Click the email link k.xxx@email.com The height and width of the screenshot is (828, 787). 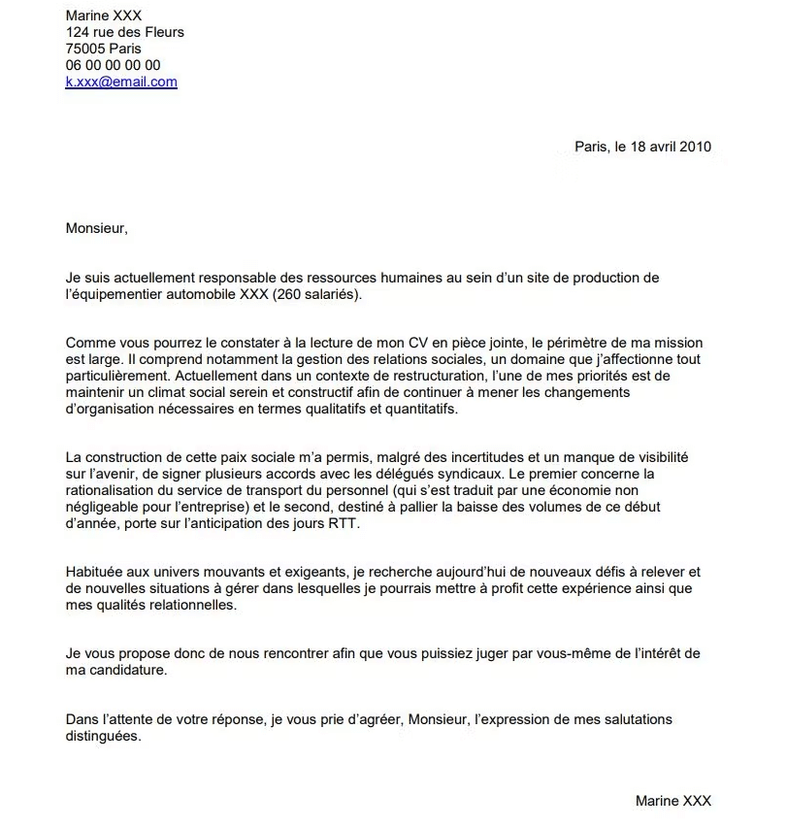(121, 83)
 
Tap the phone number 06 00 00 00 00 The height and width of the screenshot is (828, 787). (113, 65)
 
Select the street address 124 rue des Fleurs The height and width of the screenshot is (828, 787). (124, 32)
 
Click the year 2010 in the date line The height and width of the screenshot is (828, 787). (695, 147)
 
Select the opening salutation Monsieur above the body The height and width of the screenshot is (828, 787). (95, 229)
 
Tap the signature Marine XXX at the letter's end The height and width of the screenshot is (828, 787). (673, 801)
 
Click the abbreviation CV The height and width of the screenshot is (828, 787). (434, 343)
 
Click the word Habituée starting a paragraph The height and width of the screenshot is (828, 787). (96, 573)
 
